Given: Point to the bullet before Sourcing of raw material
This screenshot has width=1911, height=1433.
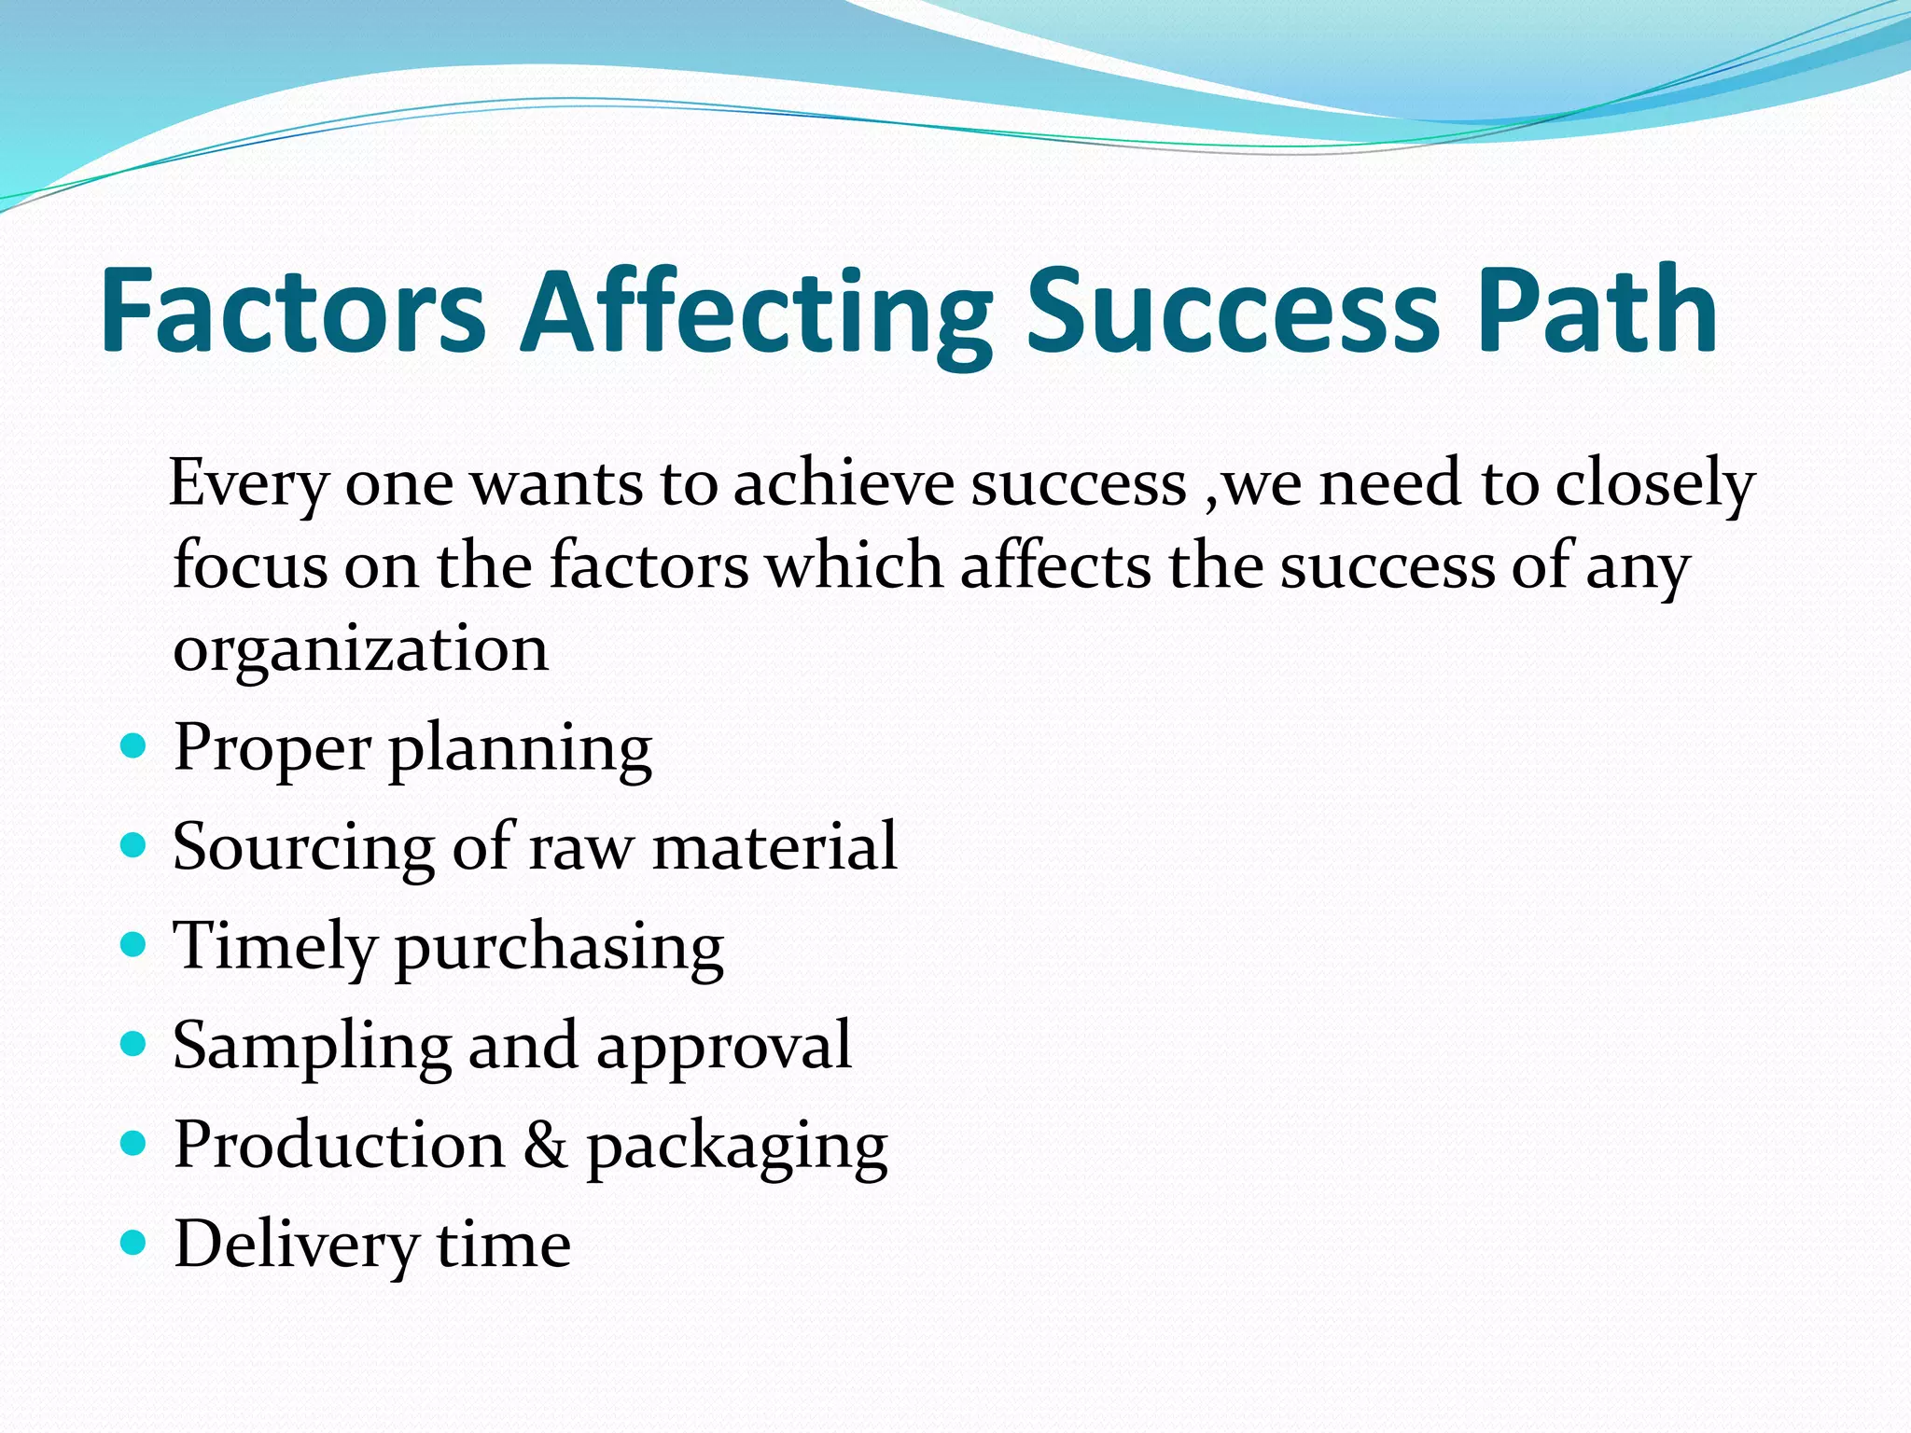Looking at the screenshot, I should click(134, 846).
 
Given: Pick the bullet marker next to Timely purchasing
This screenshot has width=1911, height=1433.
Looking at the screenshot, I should click(134, 946).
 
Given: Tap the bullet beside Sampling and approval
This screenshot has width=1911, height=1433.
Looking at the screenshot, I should click(134, 1045).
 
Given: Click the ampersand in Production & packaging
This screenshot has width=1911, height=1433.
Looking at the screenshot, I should click(545, 1145).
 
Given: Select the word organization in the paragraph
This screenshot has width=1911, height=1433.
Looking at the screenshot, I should click(361, 649).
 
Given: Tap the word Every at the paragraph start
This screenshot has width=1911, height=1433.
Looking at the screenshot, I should click(249, 484).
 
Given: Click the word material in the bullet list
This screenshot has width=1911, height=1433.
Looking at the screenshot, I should click(774, 846).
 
